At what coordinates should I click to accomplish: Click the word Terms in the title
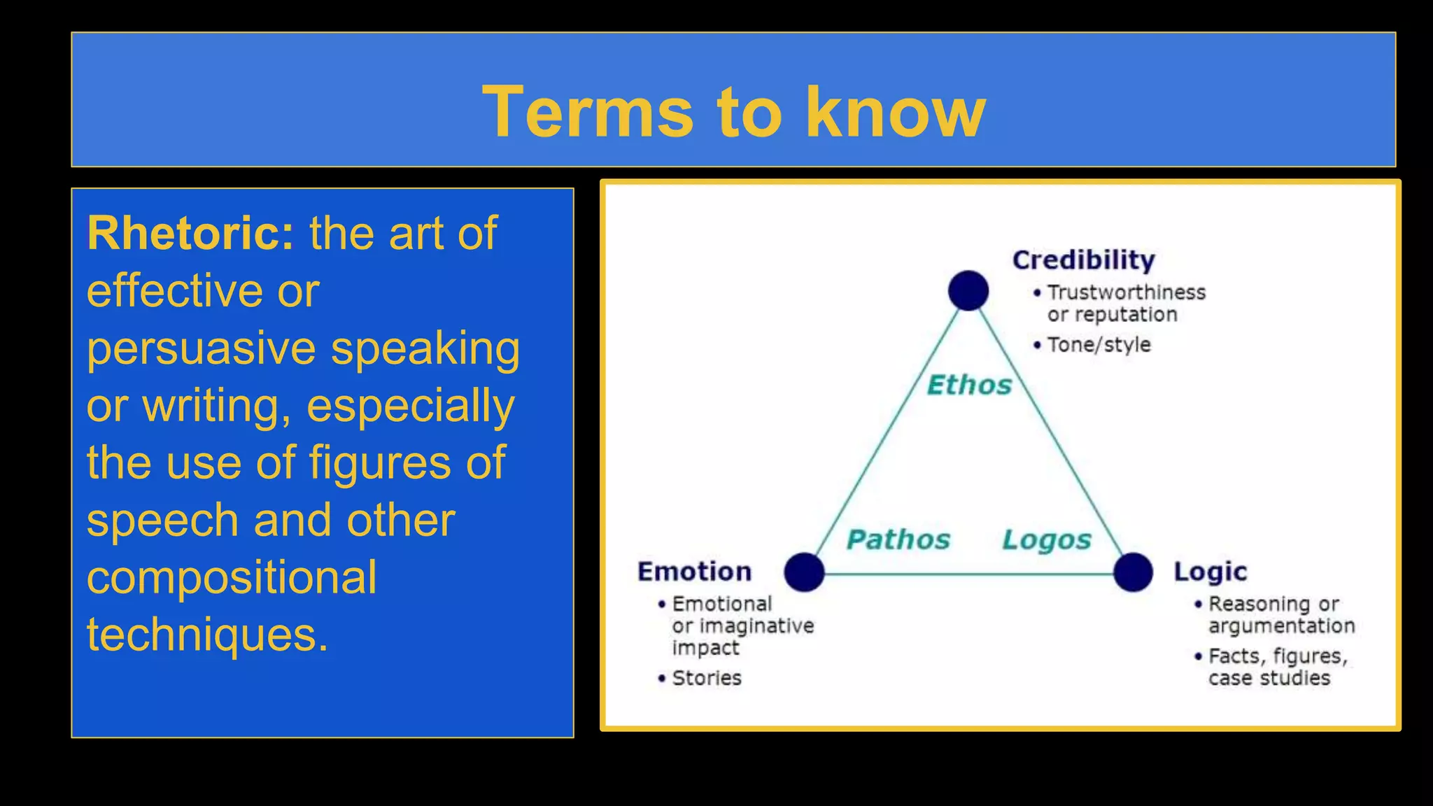point(588,112)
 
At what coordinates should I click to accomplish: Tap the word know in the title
point(895,112)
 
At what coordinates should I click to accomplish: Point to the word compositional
point(232,578)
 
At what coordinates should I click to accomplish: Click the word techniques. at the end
point(207,635)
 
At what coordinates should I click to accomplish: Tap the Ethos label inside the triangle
point(969,385)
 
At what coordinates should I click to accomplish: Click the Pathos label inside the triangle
point(898,539)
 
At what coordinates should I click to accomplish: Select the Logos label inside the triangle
point(1046,539)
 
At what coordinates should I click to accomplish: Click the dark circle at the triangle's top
point(968,290)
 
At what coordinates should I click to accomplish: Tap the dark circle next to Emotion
point(804,572)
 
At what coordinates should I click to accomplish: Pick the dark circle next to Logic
point(1133,572)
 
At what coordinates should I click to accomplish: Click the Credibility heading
point(1083,260)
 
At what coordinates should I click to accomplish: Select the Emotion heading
point(694,572)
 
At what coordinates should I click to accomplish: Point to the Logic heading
point(1210,572)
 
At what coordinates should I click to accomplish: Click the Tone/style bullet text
point(1099,345)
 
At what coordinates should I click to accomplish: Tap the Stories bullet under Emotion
point(707,678)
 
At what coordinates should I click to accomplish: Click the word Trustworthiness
point(1126,292)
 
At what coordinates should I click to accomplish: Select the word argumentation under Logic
point(1281,626)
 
